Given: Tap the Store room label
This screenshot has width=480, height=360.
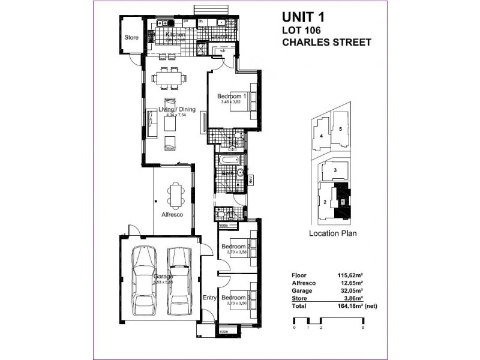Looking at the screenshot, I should pos(131,37).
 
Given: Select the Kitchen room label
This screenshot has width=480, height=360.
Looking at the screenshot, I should pos(176,35).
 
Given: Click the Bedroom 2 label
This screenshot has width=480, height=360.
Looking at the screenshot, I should pos(235,247).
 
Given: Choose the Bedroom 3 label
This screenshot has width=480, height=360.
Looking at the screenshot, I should pos(235,297).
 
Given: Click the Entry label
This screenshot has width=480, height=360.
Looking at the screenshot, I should pos(209,298).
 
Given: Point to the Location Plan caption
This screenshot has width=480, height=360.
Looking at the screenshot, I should pos(332,233).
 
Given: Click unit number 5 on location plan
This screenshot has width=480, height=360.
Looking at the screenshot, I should pos(340,128).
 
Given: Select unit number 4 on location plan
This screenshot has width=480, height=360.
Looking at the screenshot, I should pos(322,136).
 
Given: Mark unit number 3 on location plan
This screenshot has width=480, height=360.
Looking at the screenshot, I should pos(335,170).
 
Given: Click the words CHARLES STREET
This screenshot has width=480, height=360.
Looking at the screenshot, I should pos(326,43).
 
